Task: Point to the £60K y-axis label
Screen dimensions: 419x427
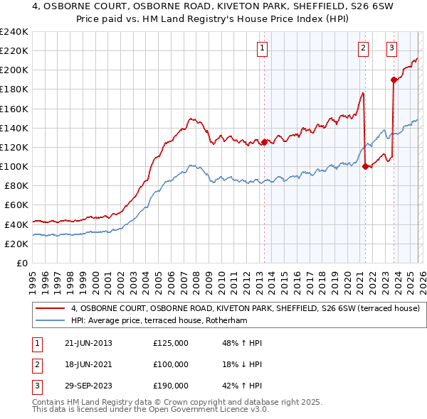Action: click(16, 205)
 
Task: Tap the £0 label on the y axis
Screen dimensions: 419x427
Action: click(22, 263)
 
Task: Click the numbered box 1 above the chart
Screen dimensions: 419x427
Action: click(263, 48)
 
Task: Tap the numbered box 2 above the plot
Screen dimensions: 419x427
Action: click(363, 48)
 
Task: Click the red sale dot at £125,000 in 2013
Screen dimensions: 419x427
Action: click(264, 142)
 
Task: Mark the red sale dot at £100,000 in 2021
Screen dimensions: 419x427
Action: click(365, 166)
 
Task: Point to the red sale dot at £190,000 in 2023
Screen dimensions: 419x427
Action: click(394, 80)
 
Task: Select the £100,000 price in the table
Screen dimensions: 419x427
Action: click(171, 364)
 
